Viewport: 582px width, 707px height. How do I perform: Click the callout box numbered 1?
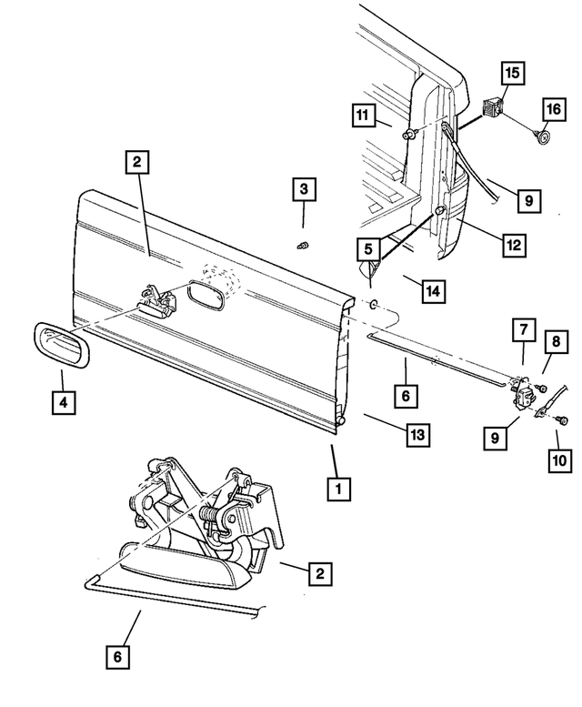(x=337, y=490)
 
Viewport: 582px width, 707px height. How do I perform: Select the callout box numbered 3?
(x=305, y=190)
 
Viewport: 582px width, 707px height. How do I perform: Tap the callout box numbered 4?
(x=63, y=401)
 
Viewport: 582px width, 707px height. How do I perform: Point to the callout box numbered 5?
(x=368, y=248)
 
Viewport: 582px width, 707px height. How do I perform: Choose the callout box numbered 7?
(x=524, y=328)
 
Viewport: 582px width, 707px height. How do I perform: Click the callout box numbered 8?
(x=554, y=341)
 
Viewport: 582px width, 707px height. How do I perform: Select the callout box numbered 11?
(x=365, y=116)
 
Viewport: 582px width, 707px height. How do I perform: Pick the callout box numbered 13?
(x=416, y=435)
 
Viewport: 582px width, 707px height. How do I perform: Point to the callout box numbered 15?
(x=511, y=72)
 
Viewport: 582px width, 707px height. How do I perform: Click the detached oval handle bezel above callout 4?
(x=62, y=347)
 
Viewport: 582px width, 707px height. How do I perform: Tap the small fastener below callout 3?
(x=306, y=244)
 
